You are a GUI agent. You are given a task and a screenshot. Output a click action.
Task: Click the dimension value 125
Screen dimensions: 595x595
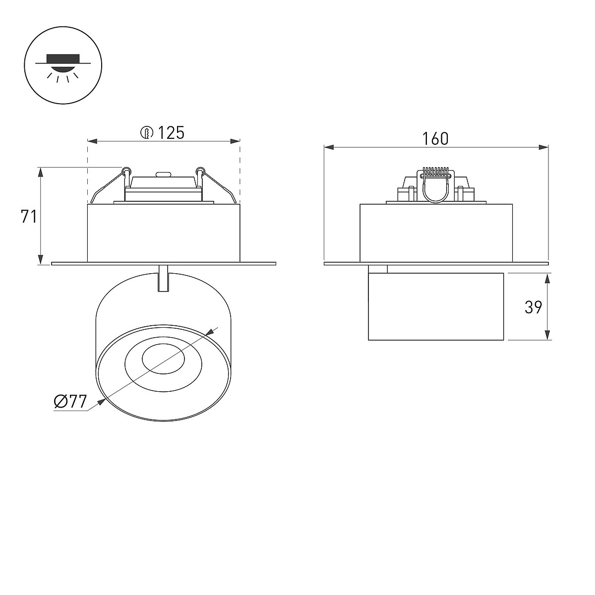pyautogui.click(x=171, y=133)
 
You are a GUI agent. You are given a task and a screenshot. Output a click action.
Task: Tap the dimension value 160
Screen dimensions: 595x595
pyautogui.click(x=435, y=139)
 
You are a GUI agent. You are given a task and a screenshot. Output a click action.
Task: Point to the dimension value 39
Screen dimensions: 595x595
pyautogui.click(x=533, y=307)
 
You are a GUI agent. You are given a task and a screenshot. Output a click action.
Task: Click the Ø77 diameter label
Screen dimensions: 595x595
pyautogui.click(x=70, y=402)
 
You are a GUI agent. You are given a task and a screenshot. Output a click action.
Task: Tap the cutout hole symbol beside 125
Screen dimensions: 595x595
pyautogui.click(x=147, y=133)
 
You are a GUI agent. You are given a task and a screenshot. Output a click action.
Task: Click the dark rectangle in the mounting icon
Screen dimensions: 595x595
pyautogui.click(x=63, y=59)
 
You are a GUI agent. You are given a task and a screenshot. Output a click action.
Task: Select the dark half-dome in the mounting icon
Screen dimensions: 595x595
pyautogui.click(x=63, y=68)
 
